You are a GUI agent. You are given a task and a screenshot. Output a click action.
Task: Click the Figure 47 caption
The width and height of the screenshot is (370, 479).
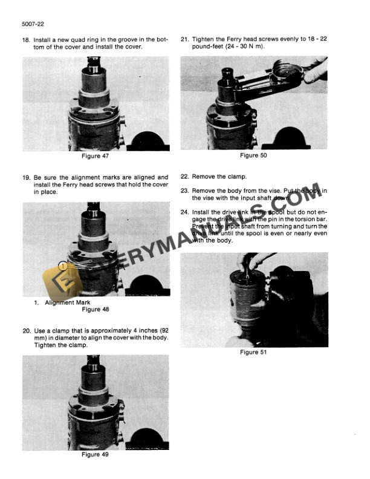point(95,156)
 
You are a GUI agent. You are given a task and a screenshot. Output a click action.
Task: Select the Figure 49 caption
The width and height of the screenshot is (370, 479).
point(95,455)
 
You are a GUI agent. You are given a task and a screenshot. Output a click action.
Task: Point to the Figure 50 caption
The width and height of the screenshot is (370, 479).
point(253,155)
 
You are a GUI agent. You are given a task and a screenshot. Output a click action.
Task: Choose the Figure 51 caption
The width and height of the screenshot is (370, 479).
point(253,351)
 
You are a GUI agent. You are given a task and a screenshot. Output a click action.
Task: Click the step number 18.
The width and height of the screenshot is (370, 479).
point(26,40)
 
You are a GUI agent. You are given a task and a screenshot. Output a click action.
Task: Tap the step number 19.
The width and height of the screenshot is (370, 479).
point(26,177)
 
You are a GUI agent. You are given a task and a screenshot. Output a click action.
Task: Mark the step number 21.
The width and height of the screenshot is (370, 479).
point(185,39)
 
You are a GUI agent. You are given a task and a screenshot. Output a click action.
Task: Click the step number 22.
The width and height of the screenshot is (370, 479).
point(185,177)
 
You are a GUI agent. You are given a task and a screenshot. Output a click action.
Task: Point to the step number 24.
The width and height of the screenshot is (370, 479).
point(185,212)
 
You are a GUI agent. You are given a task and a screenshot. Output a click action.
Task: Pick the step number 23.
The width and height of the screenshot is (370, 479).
point(185,190)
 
